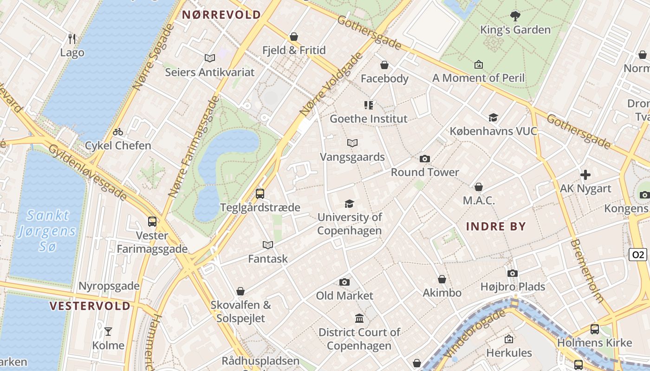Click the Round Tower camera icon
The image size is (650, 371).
click(x=424, y=159)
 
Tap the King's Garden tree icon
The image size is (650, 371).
click(x=515, y=16)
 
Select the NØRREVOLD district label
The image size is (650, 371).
click(x=221, y=15)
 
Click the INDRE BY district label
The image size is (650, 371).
click(x=496, y=227)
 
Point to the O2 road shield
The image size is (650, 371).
click(x=638, y=255)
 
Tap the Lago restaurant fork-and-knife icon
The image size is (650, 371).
click(x=72, y=38)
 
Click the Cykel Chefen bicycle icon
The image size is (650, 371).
click(x=118, y=132)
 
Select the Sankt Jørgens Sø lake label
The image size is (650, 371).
click(x=47, y=230)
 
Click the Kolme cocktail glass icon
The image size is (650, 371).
click(x=108, y=331)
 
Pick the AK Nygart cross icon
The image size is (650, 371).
click(x=585, y=175)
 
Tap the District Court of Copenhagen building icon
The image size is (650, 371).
click(x=359, y=319)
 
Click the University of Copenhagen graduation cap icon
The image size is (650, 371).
click(x=349, y=204)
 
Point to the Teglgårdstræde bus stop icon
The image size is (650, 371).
click(x=260, y=193)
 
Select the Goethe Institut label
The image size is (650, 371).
click(x=368, y=119)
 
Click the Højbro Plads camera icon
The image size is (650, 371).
click(x=513, y=273)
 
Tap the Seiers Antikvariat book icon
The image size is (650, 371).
click(x=210, y=58)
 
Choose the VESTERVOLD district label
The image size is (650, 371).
click(x=90, y=306)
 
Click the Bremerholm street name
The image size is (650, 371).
click(x=587, y=271)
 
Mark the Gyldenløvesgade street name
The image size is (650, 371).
click(x=88, y=172)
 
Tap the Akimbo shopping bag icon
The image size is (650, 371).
click(x=442, y=279)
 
